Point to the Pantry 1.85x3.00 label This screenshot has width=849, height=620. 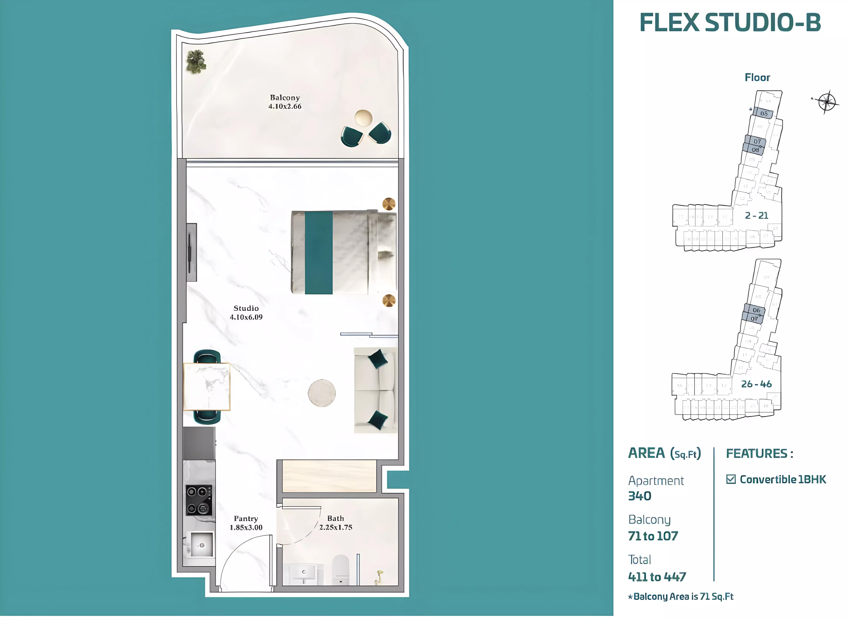(246, 523)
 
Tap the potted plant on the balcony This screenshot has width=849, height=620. (195, 62)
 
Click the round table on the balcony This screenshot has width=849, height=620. (363, 118)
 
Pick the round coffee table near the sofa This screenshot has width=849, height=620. (322, 393)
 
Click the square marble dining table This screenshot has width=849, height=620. (206, 387)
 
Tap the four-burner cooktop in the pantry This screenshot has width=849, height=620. (199, 500)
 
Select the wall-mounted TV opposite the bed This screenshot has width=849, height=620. (191, 252)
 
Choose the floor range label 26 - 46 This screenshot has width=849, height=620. (756, 384)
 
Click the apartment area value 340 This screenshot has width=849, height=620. (640, 496)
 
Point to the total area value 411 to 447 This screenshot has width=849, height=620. (657, 577)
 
